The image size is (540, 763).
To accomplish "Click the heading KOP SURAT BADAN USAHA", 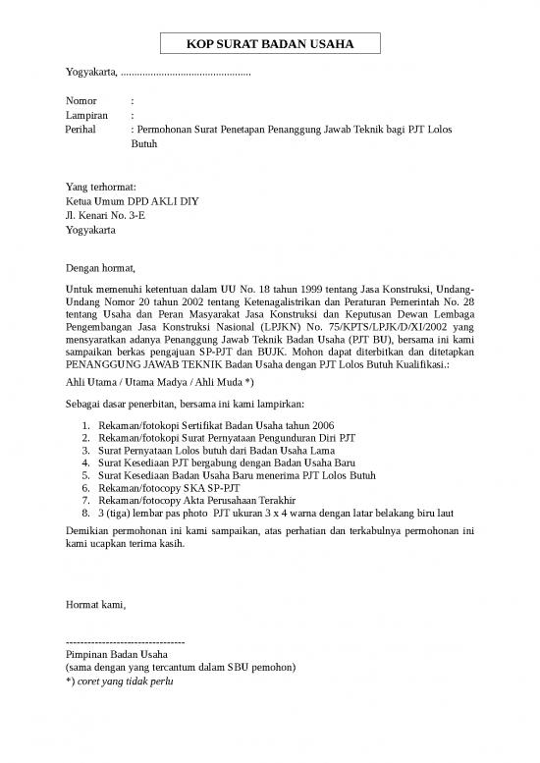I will pyautogui.click(x=269, y=44).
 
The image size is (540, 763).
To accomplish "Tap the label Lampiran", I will pyautogui.click(x=85, y=115).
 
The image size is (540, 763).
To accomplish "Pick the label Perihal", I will pyautogui.click(x=82, y=130).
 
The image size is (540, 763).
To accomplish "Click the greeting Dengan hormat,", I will pyautogui.click(x=100, y=267).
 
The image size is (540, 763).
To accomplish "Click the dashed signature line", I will pyautogui.click(x=125, y=640).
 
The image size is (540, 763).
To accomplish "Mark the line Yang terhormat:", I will pyautogui.click(x=100, y=187).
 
